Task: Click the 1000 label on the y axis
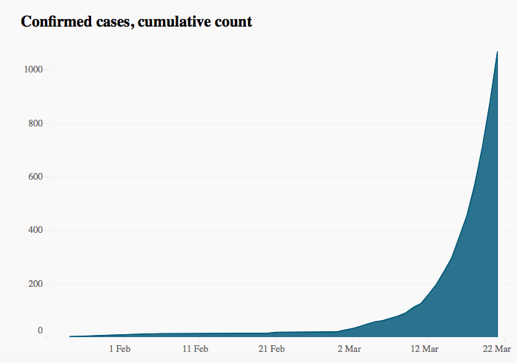click(x=33, y=69)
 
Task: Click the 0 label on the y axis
click(x=40, y=331)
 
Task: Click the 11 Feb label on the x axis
click(x=196, y=348)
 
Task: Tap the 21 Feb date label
click(x=272, y=348)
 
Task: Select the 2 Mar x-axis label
click(x=349, y=348)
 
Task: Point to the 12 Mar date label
click(x=425, y=348)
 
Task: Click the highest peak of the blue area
click(x=497, y=52)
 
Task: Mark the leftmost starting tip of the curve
click(x=70, y=336)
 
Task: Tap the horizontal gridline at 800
click(x=259, y=123)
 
